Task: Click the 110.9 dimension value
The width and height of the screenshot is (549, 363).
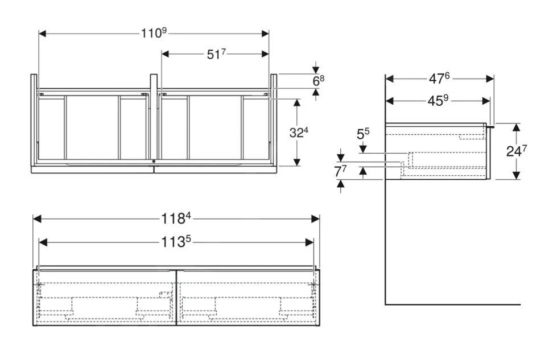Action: (x=154, y=34)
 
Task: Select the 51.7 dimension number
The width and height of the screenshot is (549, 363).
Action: (x=216, y=54)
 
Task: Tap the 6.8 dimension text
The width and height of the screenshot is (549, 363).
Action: (x=318, y=81)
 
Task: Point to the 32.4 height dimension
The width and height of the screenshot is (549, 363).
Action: (x=299, y=133)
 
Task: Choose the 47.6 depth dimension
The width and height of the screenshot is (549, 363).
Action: (x=440, y=79)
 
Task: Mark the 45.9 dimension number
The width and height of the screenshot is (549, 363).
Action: (x=438, y=101)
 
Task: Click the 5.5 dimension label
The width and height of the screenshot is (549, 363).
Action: (x=363, y=135)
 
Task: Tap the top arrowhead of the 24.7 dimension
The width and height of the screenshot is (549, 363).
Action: (x=515, y=126)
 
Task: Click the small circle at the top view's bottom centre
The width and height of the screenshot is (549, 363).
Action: (x=154, y=162)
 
